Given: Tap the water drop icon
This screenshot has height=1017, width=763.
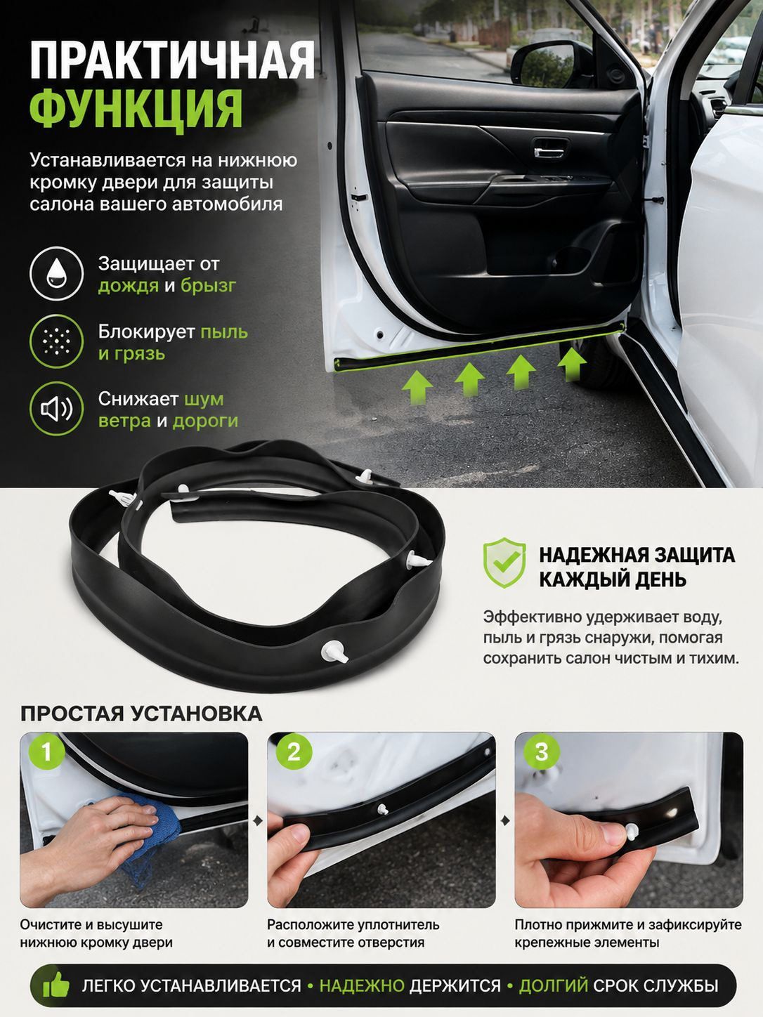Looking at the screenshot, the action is (56, 273).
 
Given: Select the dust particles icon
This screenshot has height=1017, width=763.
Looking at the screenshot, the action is (56, 341).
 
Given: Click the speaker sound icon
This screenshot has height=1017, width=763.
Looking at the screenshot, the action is (56, 409).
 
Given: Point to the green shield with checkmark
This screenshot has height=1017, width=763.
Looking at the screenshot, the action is (504, 563).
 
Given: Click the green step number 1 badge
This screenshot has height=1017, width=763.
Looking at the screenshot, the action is (46, 752).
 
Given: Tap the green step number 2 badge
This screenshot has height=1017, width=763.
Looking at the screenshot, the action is (294, 752).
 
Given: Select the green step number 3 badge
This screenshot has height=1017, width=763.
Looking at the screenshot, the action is (542, 752).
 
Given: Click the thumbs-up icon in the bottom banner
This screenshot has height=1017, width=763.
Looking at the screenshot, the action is (56, 984).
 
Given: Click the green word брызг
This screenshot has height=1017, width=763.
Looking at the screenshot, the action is (208, 286).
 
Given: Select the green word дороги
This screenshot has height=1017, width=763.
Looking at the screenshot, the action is (205, 421).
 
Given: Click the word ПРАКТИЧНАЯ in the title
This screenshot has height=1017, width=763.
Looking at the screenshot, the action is (172, 60).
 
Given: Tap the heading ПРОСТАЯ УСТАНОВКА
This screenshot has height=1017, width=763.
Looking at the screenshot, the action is (141, 714).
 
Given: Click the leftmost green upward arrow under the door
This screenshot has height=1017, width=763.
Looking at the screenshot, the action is (417, 389).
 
